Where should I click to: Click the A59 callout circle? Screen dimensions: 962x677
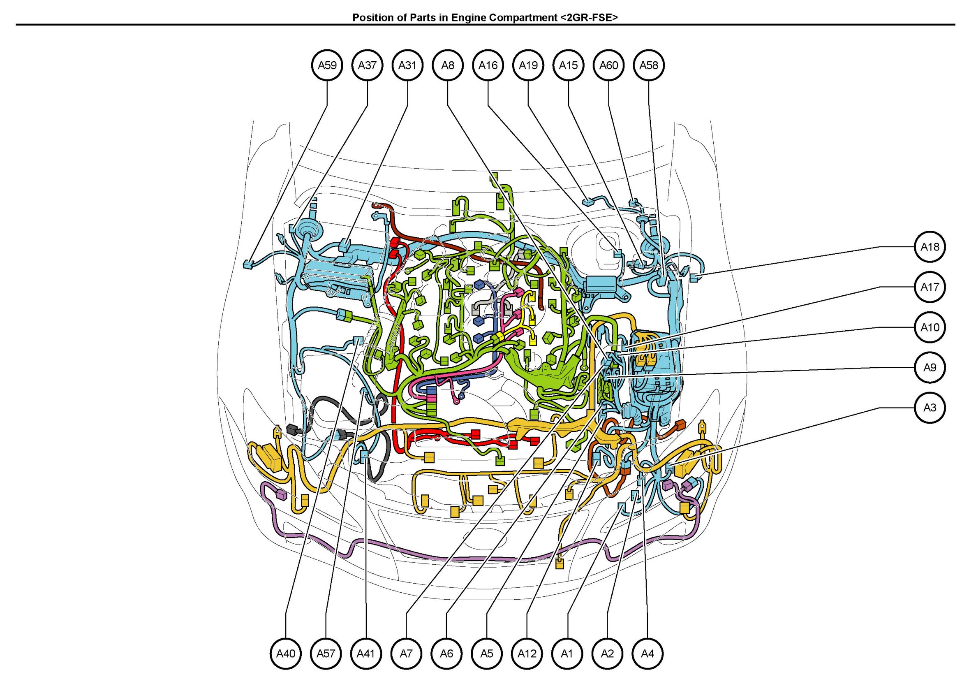pos(327,65)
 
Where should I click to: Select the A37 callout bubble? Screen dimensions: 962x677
pos(368,65)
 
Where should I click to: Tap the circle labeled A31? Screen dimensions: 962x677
pos(408,65)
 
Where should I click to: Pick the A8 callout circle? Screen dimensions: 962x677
pos(448,65)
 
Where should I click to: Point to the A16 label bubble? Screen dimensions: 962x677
pos(488,65)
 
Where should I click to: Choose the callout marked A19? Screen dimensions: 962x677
pos(528,65)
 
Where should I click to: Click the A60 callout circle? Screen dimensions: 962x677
pos(609,65)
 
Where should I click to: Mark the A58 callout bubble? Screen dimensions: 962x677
pos(649,65)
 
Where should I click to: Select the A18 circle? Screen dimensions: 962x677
pos(930,247)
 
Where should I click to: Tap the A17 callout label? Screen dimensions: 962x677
pos(930,287)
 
